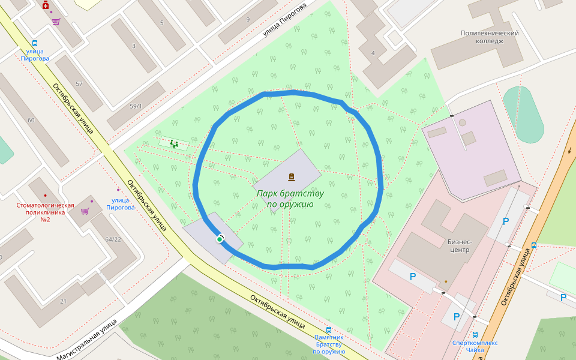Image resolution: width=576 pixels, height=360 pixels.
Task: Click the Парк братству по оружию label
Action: tap(290, 199)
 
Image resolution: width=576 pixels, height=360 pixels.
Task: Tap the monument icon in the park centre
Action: tap(292, 177)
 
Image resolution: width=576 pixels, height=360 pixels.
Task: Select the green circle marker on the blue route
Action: tap(220, 239)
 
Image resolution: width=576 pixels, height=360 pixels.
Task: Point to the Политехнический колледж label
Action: tap(489, 37)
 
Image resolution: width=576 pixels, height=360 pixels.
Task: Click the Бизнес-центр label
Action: tap(459, 246)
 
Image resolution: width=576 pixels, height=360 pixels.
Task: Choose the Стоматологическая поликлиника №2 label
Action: tap(45, 212)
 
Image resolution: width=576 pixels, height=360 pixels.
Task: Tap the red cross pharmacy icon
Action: tap(46, 5)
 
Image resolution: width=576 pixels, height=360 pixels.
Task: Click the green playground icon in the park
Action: tap(173, 144)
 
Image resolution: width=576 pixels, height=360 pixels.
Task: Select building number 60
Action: tap(31, 121)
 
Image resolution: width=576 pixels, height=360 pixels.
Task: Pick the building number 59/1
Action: tap(136, 106)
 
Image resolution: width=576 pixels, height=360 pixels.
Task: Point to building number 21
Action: tap(63, 301)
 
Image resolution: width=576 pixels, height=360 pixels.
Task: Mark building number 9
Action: tap(247, 19)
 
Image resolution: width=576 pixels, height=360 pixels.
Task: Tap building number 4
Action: tap(373, 53)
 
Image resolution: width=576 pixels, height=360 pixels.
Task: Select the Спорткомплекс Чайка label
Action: tap(475, 346)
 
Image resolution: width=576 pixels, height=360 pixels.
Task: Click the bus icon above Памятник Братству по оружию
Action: tap(328, 330)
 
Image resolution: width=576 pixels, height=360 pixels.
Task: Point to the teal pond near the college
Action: tap(523, 114)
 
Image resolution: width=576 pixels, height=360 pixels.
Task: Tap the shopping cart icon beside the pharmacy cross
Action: tap(56, 22)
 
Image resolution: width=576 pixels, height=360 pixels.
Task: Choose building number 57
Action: tap(79, 83)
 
